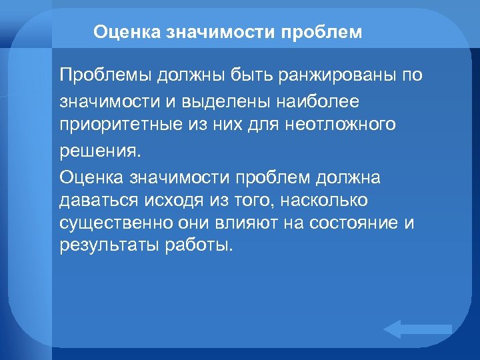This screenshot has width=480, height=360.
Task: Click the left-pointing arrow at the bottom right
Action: click(x=417, y=329)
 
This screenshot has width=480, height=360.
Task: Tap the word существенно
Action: click(x=116, y=223)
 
